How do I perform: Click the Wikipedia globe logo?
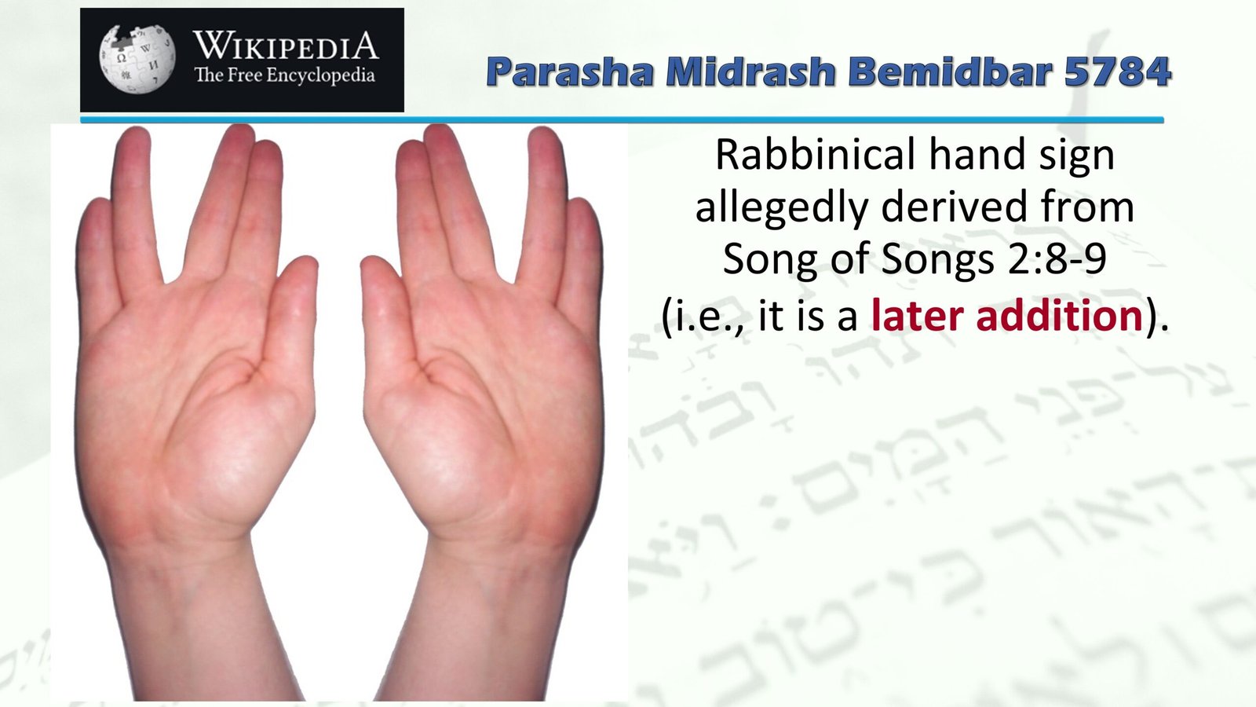(137, 59)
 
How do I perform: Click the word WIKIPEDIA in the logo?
(286, 46)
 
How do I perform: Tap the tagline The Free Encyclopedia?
(284, 76)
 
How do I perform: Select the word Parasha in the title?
(570, 72)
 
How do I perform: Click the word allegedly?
(781, 208)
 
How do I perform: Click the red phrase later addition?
(1007, 316)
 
